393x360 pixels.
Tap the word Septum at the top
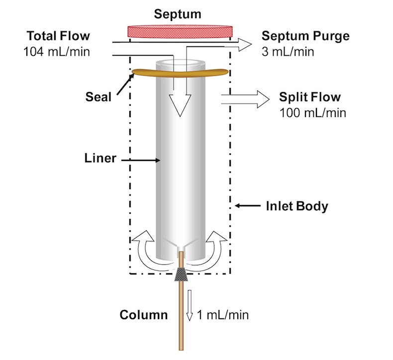(178, 14)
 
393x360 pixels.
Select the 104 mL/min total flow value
(57, 52)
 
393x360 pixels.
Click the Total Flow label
(58, 36)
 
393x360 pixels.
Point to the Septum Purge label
(305, 36)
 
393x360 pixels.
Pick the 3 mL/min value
(288, 52)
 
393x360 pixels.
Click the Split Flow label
(310, 97)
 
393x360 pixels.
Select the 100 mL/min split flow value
(313, 113)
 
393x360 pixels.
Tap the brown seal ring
(181, 73)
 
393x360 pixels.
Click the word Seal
(98, 97)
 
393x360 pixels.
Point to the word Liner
(100, 158)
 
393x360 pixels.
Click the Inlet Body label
(297, 206)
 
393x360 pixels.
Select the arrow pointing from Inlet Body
(248, 206)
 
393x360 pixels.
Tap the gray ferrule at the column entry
(181, 274)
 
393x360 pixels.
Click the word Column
(144, 315)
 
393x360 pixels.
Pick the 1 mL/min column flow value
(223, 315)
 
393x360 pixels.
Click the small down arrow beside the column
(190, 305)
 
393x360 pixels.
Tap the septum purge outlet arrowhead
(245, 45)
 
